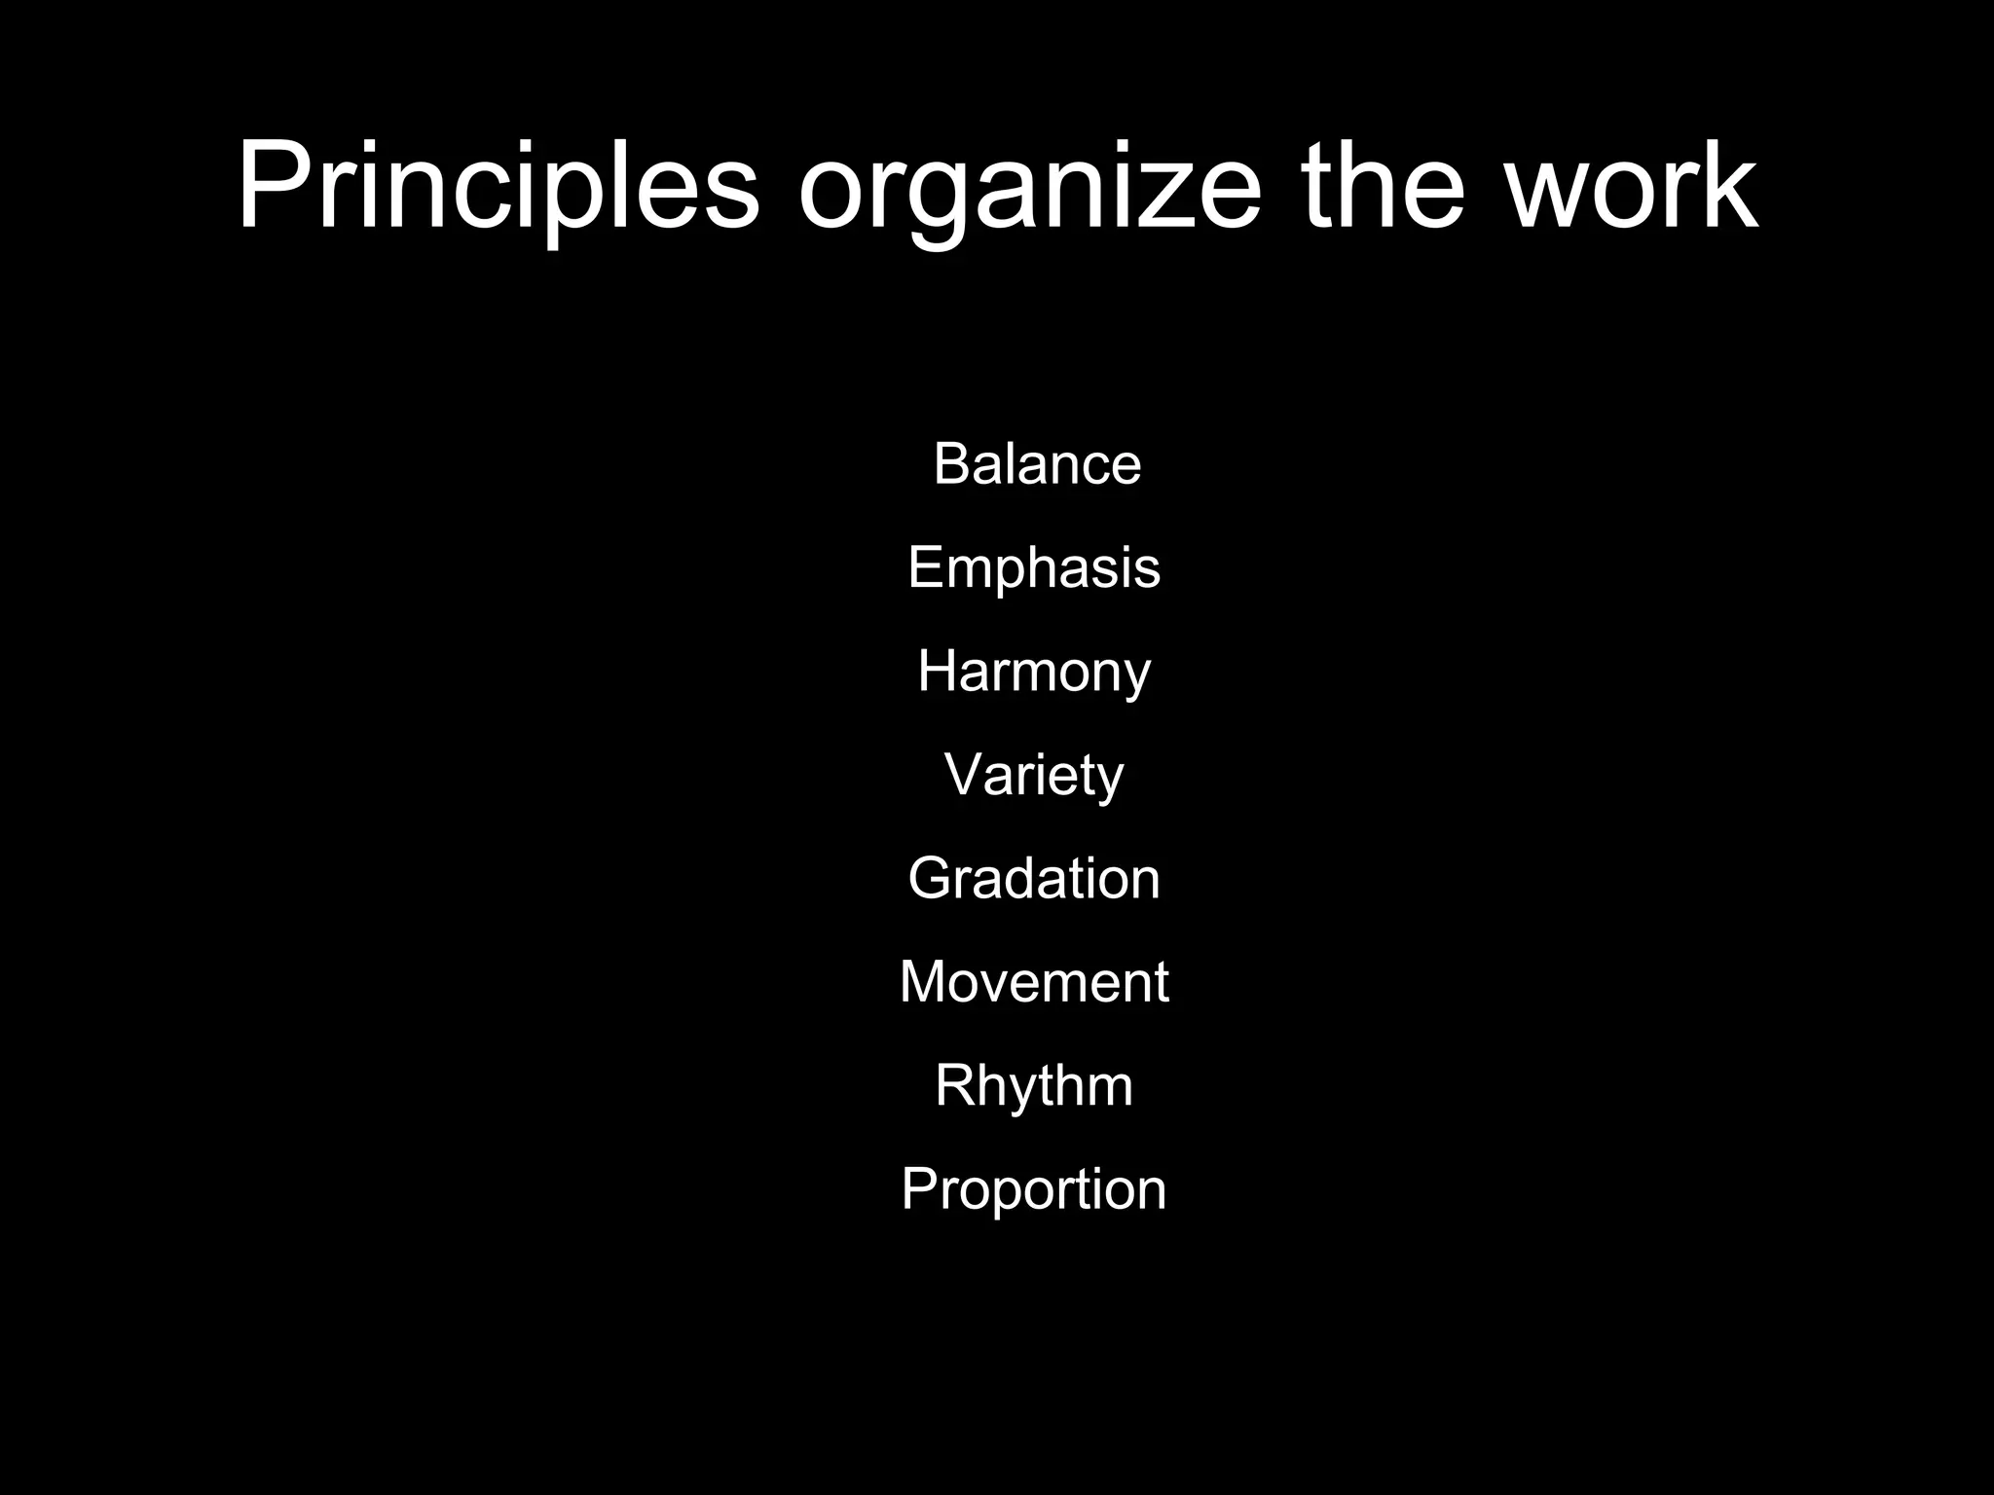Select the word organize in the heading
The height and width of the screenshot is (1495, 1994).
(1029, 190)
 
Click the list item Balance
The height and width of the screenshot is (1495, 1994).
(1037, 463)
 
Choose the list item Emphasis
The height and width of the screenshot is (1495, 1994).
(1034, 567)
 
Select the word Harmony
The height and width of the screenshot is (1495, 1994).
(1034, 672)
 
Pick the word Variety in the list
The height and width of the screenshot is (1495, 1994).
(1034, 776)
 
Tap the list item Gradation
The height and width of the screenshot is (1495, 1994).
(1034, 878)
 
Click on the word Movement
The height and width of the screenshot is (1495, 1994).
(1034, 981)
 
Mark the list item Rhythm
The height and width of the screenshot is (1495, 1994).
(1034, 1085)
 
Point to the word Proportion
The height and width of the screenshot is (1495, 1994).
(1034, 1189)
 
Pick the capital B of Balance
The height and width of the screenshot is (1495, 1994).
(952, 463)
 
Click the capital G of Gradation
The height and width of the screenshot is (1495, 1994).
(930, 878)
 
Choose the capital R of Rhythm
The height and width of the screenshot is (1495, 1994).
(954, 1085)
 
